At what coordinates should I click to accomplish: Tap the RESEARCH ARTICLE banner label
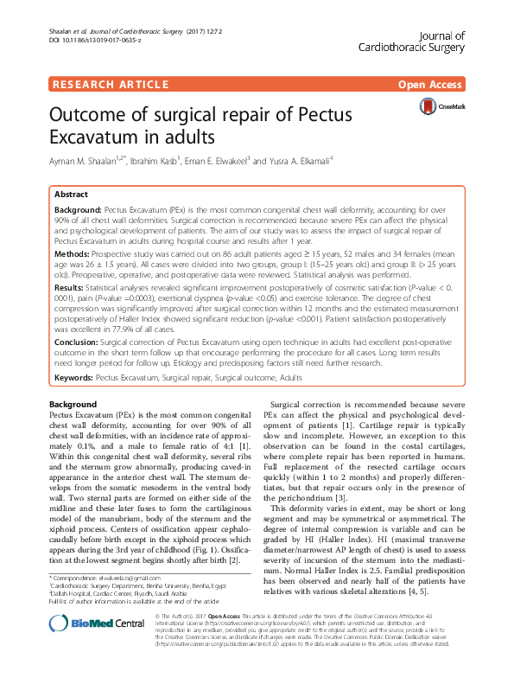(110, 85)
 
